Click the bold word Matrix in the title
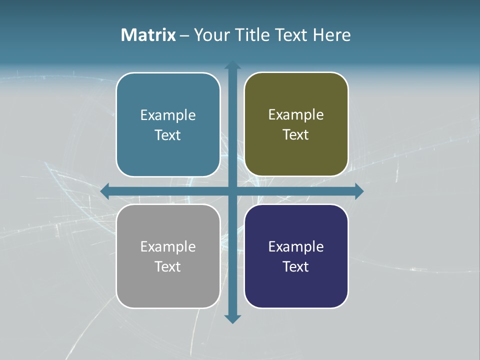click(x=148, y=35)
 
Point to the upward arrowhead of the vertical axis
click(x=232, y=65)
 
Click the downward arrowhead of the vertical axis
click(x=232, y=319)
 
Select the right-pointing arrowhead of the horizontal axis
click(x=359, y=191)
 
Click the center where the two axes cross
click(x=232, y=191)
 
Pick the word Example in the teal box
click(x=168, y=115)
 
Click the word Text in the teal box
click(x=168, y=135)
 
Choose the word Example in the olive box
click(x=296, y=115)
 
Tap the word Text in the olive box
click(x=296, y=135)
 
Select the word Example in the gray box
click(x=168, y=247)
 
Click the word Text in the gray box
click(x=168, y=267)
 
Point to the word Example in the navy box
click(x=296, y=247)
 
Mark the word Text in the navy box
click(x=296, y=267)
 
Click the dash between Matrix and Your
click(x=185, y=35)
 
